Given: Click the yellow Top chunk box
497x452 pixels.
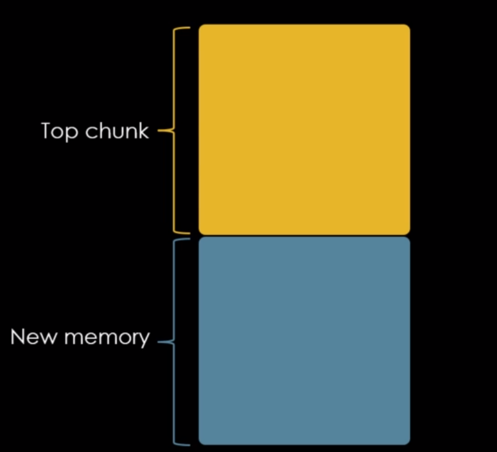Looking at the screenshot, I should click(x=304, y=129).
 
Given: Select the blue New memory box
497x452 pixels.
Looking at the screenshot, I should click(x=304, y=340).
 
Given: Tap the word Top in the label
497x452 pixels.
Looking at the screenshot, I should click(x=60, y=131).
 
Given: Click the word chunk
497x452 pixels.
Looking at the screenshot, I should click(x=117, y=131).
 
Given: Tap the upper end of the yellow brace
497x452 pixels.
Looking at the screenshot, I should click(x=188, y=27).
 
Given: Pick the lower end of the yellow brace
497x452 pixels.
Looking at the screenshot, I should click(x=188, y=232).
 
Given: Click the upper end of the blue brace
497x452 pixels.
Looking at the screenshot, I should click(x=188, y=240).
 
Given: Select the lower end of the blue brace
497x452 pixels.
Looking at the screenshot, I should click(x=188, y=444).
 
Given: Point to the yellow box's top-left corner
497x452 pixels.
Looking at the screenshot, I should click(x=200, y=26).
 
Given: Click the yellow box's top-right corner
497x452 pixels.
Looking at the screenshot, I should click(x=408, y=26).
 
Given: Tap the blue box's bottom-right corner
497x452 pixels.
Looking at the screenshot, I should click(x=408, y=443).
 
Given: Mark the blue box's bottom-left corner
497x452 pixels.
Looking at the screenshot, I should click(x=200, y=443).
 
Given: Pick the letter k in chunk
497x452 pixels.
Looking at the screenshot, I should click(x=144, y=130).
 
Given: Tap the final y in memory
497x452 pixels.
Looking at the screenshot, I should click(x=144, y=340).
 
